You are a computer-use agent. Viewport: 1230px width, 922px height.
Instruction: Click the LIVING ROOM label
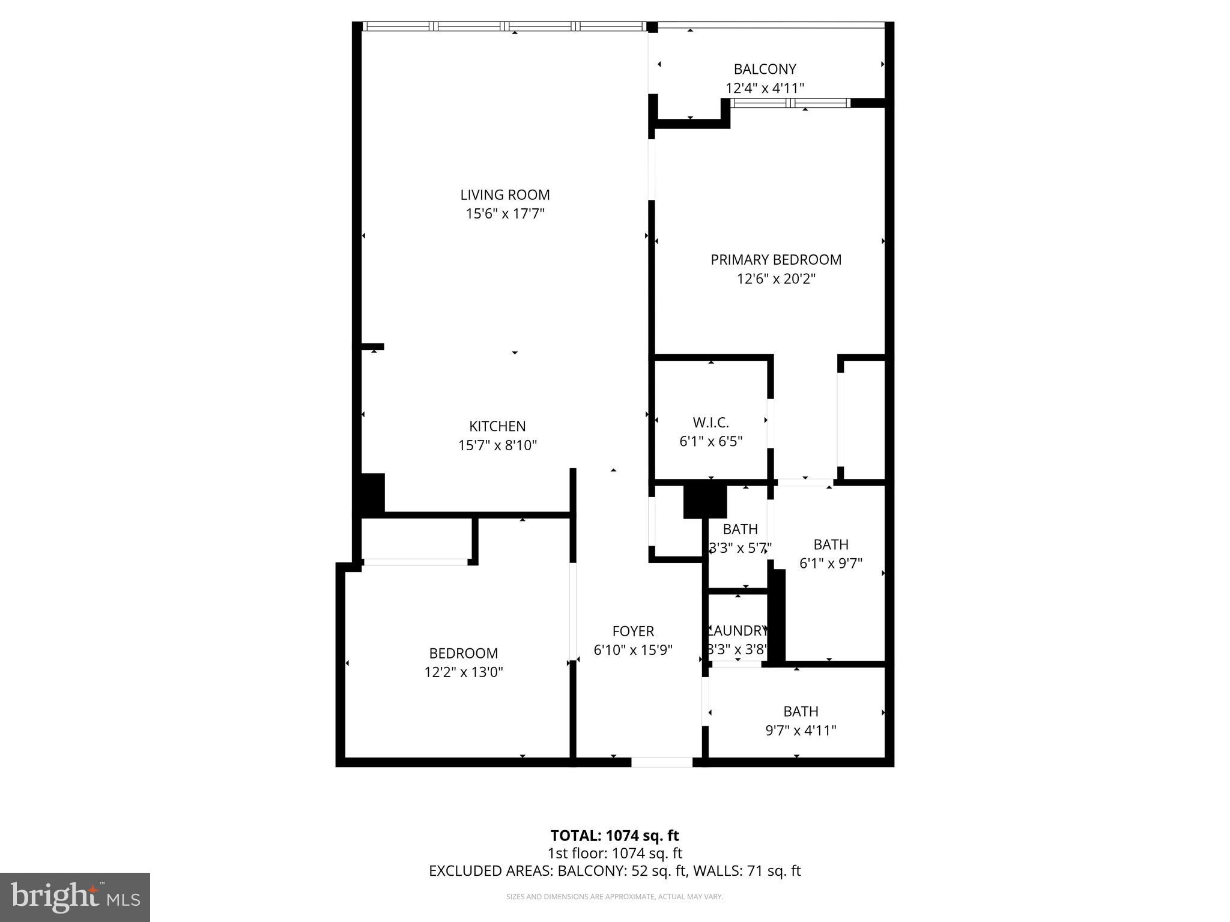click(504, 194)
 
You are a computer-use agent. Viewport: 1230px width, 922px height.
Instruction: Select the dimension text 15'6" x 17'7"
click(504, 214)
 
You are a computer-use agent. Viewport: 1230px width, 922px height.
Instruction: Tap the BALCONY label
click(765, 69)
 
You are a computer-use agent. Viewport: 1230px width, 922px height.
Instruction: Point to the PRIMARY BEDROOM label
click(776, 260)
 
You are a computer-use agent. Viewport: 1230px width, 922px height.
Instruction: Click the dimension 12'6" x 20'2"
click(776, 279)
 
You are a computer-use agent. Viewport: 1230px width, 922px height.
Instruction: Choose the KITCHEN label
click(497, 426)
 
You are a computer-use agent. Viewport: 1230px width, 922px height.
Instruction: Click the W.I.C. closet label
click(710, 423)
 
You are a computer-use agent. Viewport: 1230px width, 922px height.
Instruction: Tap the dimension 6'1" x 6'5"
click(710, 442)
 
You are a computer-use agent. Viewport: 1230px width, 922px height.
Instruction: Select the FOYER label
click(633, 631)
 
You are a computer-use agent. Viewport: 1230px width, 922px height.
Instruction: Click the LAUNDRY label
click(738, 631)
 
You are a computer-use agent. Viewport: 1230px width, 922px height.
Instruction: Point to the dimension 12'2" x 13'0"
click(463, 672)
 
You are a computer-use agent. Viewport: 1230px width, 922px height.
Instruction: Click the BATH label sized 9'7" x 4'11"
click(801, 711)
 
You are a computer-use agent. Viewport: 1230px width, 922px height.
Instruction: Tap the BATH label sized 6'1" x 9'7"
click(831, 544)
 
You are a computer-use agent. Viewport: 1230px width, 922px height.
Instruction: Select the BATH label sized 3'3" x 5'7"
click(740, 529)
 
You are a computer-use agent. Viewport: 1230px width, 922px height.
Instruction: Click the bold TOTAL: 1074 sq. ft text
click(614, 836)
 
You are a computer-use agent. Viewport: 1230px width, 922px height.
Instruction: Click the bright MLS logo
click(74, 897)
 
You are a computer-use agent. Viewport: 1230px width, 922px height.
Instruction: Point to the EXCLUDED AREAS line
click(614, 871)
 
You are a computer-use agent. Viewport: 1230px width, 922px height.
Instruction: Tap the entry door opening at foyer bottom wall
click(661, 762)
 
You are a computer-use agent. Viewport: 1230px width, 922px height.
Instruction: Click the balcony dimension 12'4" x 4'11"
click(765, 88)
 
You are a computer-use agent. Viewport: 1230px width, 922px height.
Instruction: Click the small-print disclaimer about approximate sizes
click(614, 897)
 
